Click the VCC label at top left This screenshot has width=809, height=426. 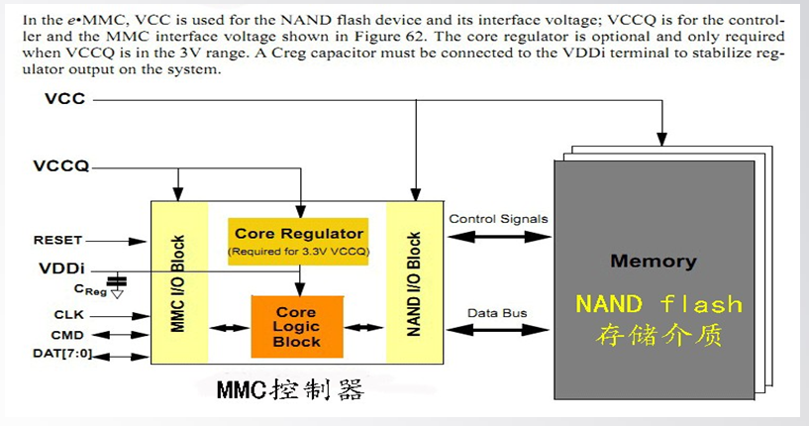click(x=64, y=99)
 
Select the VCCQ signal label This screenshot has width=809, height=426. click(x=61, y=165)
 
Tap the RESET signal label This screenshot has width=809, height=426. click(x=57, y=240)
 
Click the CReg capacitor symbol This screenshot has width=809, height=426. click(x=119, y=282)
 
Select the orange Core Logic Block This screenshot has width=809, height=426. click(x=297, y=326)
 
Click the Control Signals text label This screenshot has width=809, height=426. click(x=498, y=219)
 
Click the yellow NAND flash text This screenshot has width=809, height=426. click(x=658, y=302)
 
